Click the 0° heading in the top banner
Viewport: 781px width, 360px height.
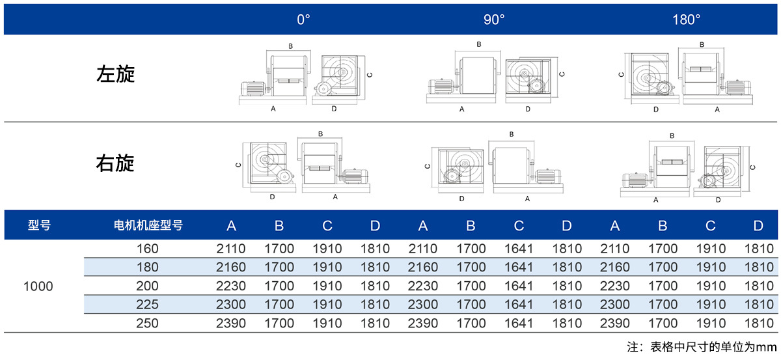[x=303, y=20]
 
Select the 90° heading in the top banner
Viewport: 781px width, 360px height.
[x=494, y=20]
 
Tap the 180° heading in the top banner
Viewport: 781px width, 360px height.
[x=686, y=20]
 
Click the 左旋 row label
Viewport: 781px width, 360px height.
[x=115, y=74]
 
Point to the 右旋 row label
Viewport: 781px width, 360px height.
[x=115, y=163]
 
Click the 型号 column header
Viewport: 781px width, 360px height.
[x=40, y=225]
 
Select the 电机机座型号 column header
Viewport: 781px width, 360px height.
[x=148, y=225]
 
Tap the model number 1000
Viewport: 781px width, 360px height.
[x=38, y=286]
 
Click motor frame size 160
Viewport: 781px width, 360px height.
[x=148, y=249]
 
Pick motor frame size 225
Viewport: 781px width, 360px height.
[x=148, y=305]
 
